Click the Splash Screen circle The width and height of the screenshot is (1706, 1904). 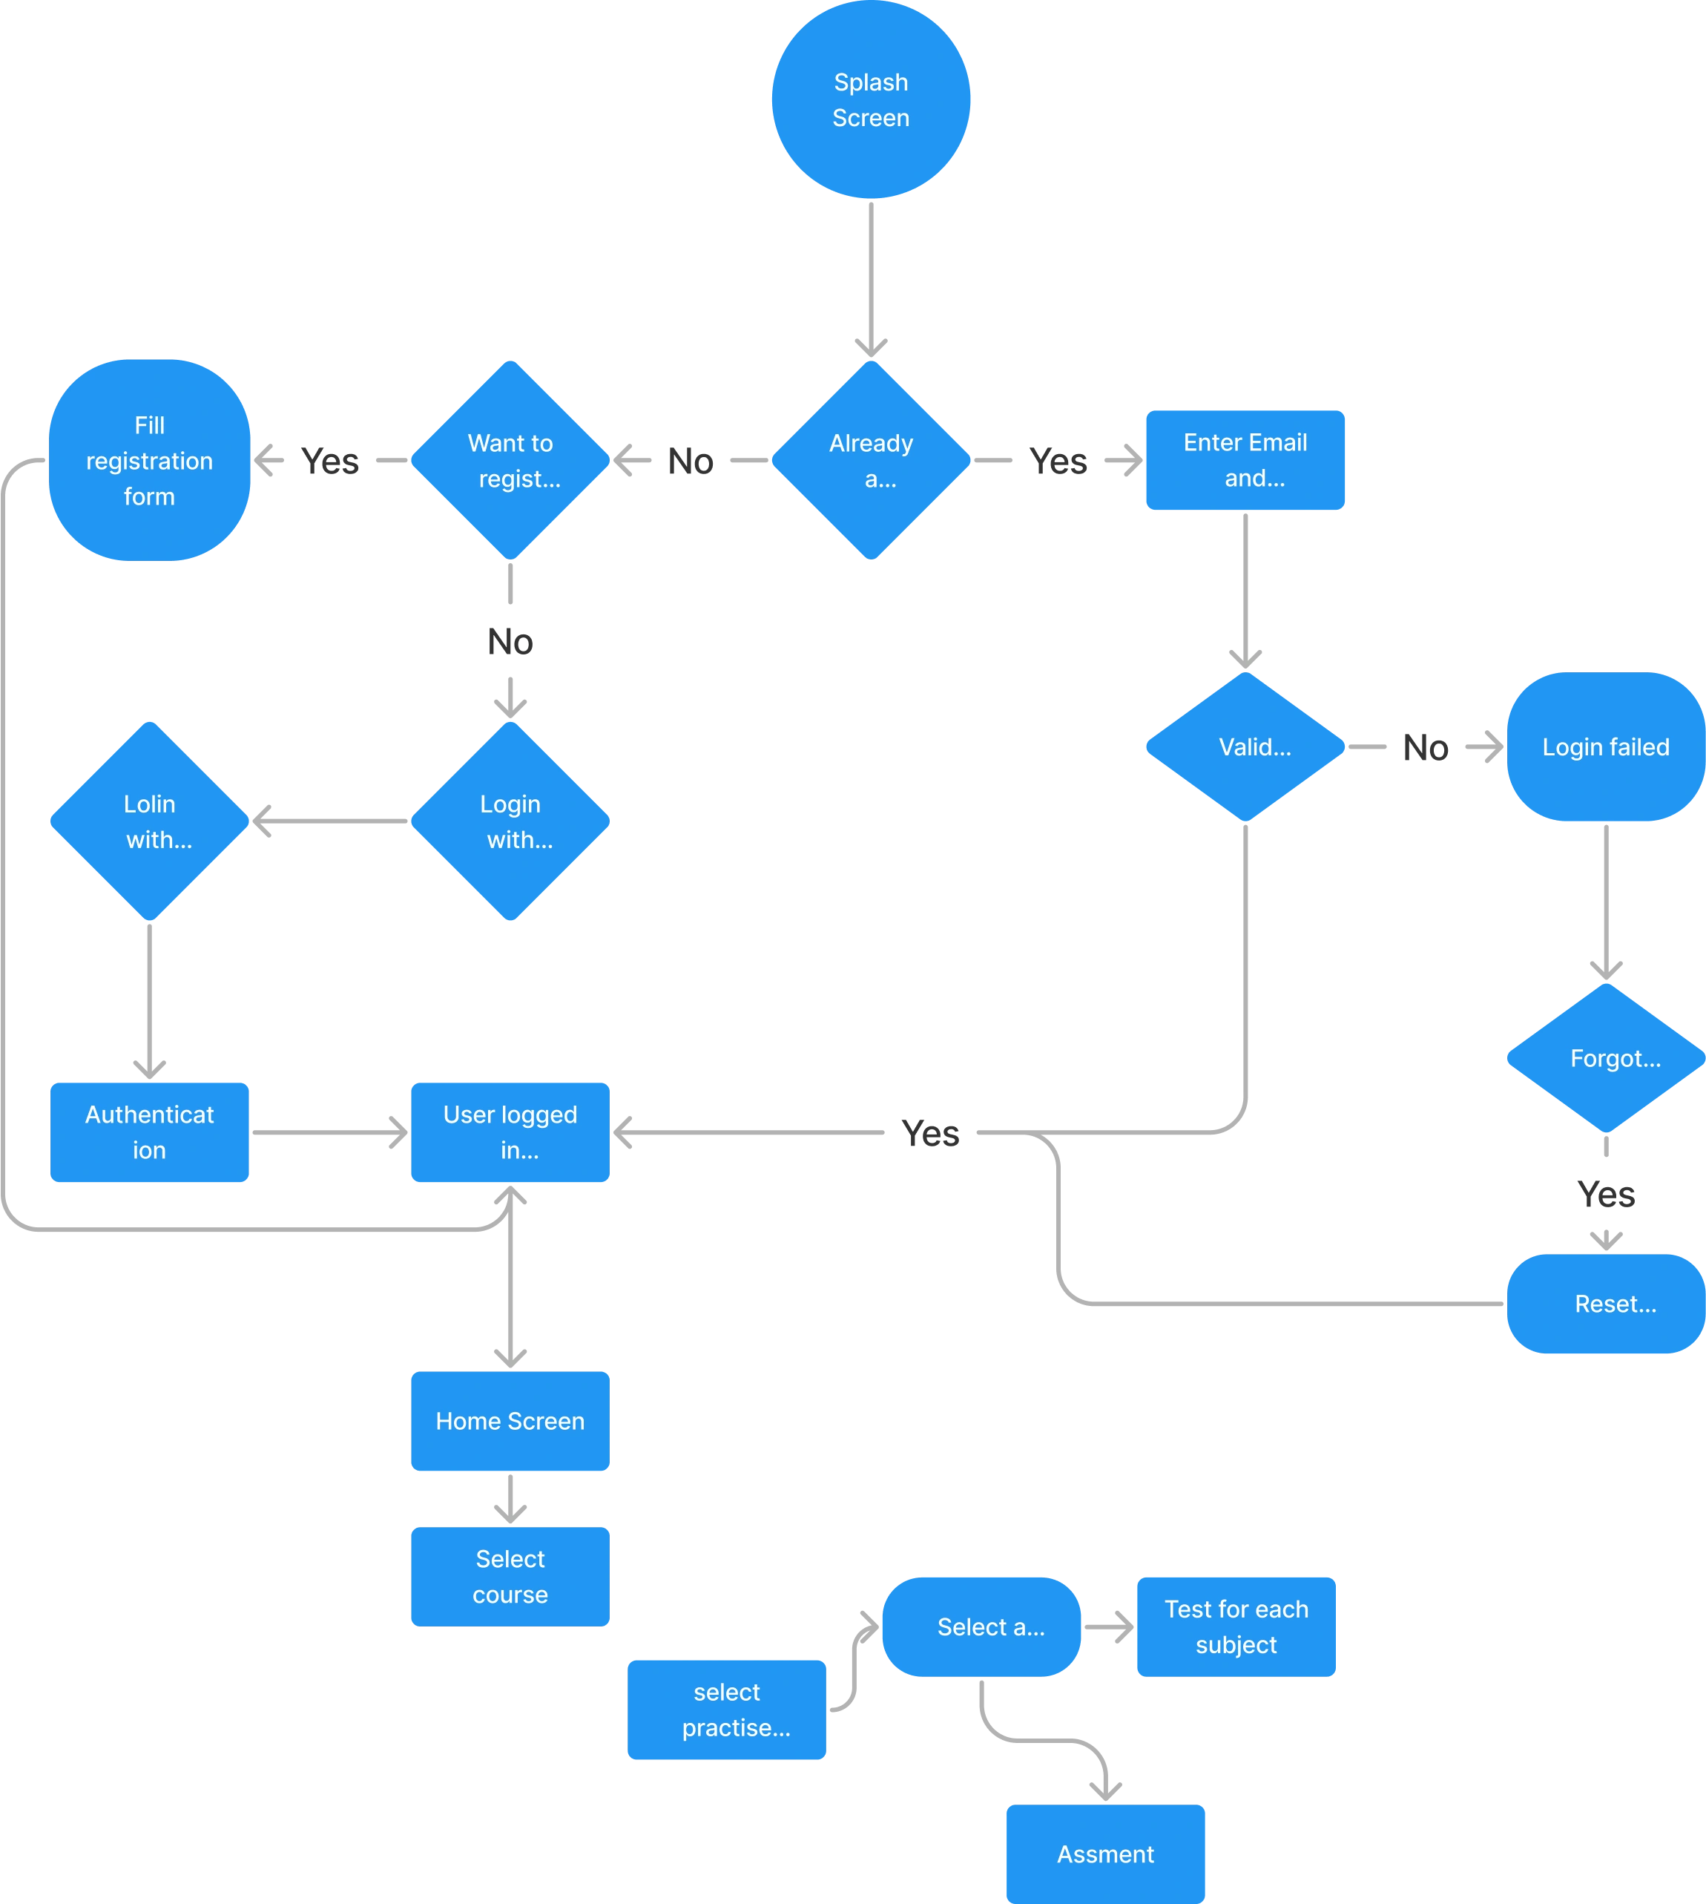click(871, 100)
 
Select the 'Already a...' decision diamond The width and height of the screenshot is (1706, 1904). click(872, 460)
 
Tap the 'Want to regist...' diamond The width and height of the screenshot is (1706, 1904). click(510, 460)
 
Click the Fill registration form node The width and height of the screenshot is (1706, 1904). click(149, 460)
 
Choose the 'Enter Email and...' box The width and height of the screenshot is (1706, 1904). click(1245, 460)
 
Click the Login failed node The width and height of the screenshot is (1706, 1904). click(1606, 747)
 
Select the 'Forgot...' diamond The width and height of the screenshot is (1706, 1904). click(1606, 1058)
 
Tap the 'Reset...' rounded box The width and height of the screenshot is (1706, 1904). click(1606, 1304)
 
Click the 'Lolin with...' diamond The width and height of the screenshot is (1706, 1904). click(149, 821)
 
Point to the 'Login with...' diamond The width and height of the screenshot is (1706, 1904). click(510, 821)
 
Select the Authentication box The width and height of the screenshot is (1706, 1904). click(149, 1132)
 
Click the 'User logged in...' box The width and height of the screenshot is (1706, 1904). click(510, 1132)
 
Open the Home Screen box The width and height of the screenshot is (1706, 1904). click(510, 1421)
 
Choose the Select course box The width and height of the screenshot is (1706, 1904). click(510, 1576)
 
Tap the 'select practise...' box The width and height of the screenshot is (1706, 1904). click(726, 1709)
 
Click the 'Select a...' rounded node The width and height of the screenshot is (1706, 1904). click(981, 1626)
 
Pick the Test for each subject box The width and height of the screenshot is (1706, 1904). click(1236, 1626)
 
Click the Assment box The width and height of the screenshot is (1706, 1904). click(1105, 1854)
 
